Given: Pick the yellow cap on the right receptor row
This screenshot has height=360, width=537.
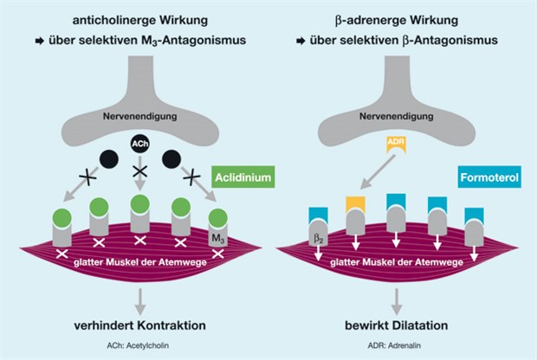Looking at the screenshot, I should click(355, 203).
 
